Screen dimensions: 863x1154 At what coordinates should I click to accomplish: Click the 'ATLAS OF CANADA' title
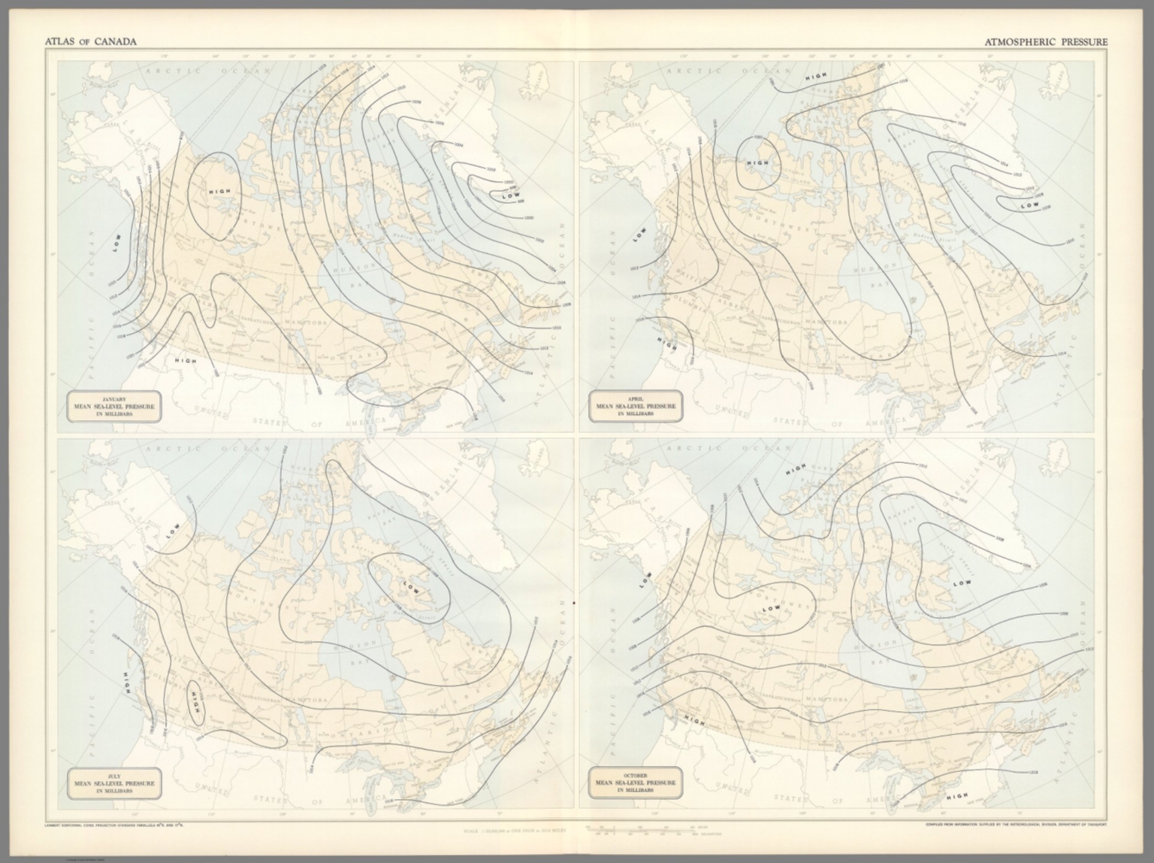point(91,42)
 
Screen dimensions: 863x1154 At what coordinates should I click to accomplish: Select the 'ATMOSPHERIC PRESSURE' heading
point(1046,42)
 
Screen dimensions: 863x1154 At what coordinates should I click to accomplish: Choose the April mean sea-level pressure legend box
point(635,407)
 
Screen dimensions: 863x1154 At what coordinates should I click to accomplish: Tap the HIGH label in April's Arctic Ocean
point(816,77)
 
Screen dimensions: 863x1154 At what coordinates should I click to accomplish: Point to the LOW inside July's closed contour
point(412,586)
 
